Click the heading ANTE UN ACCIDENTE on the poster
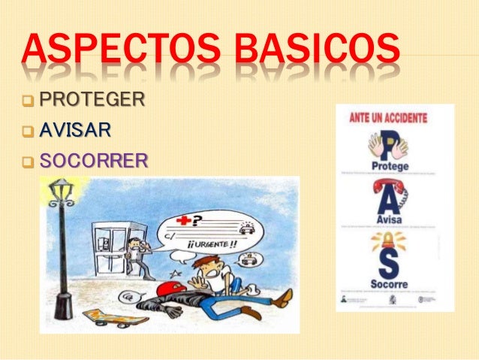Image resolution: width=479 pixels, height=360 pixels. point(388,118)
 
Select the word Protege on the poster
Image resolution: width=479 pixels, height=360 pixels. point(390,165)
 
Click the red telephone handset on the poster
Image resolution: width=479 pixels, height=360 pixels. point(390,187)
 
